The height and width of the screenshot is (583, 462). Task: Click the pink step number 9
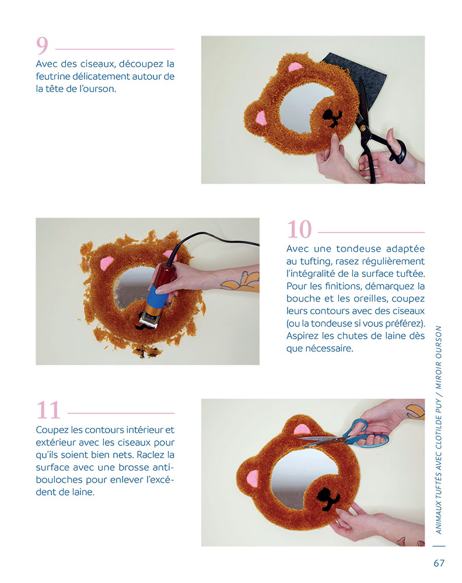tap(42, 45)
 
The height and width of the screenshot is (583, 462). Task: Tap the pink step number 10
tap(299, 229)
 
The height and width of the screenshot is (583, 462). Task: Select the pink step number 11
tap(48, 410)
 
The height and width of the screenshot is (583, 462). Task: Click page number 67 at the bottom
tap(439, 563)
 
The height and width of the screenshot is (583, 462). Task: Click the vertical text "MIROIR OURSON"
tap(439, 357)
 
